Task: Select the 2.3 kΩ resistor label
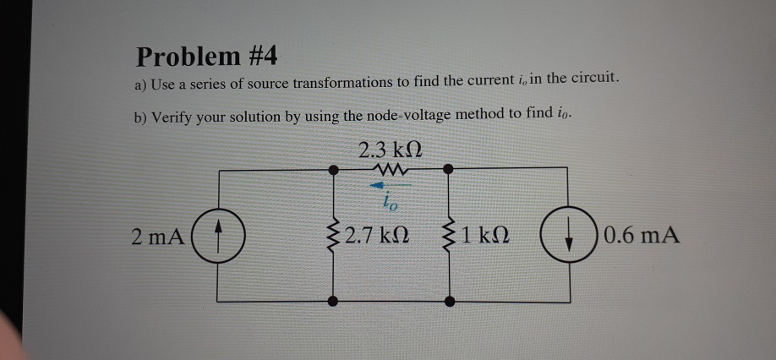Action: (390, 151)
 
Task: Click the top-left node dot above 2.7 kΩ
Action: (335, 169)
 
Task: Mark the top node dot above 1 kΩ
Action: (449, 169)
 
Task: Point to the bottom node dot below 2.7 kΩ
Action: (335, 300)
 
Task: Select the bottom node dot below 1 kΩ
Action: (449, 300)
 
